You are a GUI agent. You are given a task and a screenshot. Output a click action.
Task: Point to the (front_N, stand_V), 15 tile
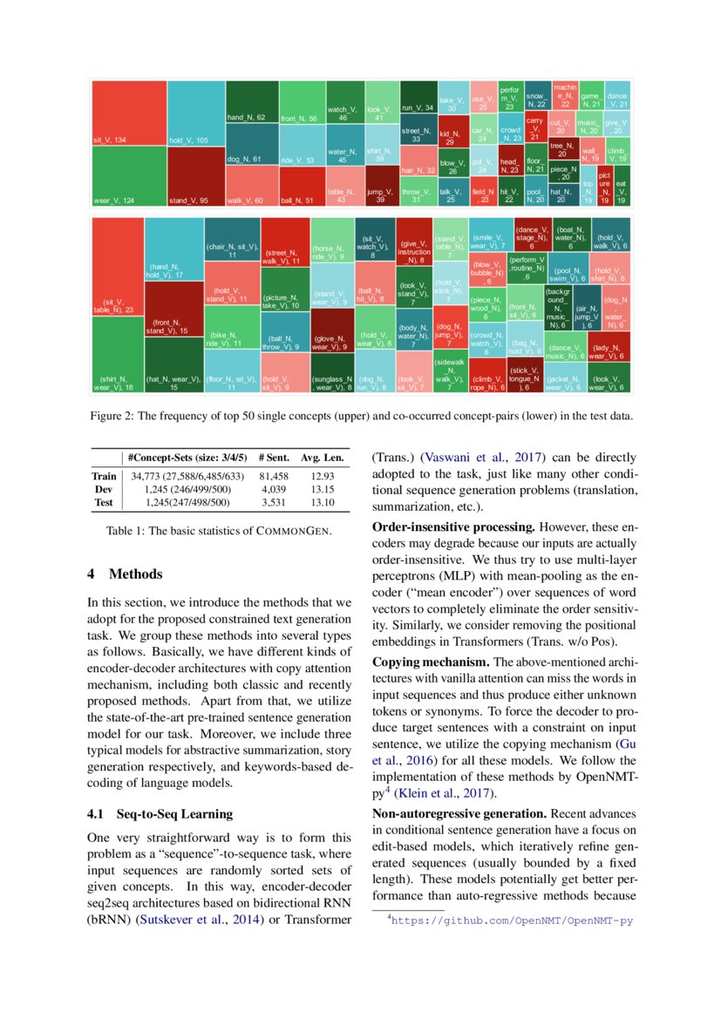[174, 326]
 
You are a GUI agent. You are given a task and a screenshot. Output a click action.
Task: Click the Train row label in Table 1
[104, 477]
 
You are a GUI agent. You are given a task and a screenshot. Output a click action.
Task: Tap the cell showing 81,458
[273, 477]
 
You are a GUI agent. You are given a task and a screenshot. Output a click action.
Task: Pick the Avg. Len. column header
[323, 457]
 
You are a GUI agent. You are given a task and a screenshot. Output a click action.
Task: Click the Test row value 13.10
[323, 502]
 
